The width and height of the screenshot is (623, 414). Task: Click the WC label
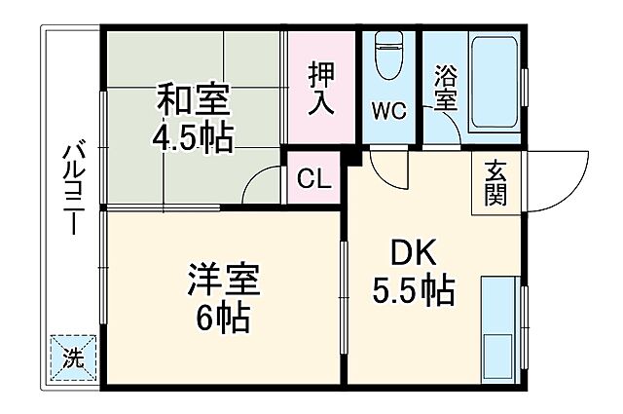(x=387, y=109)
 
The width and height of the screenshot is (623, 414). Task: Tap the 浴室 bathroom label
(x=445, y=88)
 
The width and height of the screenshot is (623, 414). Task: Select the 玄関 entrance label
(x=495, y=182)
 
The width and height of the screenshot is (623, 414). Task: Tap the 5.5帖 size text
(x=414, y=289)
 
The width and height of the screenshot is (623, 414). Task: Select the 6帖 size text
(x=221, y=318)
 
